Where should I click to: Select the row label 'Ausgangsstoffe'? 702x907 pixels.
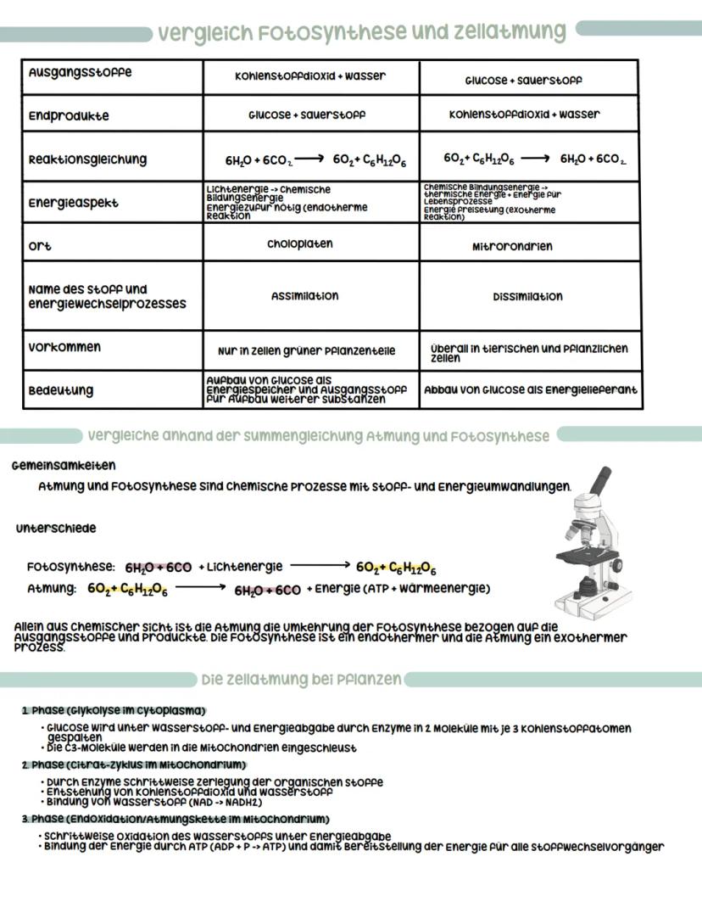tap(80, 73)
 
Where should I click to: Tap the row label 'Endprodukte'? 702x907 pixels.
tap(69, 116)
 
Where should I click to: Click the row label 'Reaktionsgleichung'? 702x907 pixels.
tap(87, 160)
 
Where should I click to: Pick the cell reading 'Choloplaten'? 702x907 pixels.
tap(300, 244)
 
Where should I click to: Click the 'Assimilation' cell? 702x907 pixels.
tap(304, 296)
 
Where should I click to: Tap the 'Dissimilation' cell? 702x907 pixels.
tap(527, 297)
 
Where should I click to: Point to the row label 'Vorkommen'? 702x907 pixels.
tap(64, 347)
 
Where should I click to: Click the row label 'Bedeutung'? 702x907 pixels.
tap(61, 391)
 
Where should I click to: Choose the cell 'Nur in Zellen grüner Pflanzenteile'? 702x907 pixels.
tap(306, 350)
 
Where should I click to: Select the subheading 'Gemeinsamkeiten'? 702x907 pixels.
tap(64, 466)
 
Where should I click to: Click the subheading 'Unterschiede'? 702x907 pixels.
tap(56, 529)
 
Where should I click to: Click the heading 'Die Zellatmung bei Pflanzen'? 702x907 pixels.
tap(301, 680)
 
